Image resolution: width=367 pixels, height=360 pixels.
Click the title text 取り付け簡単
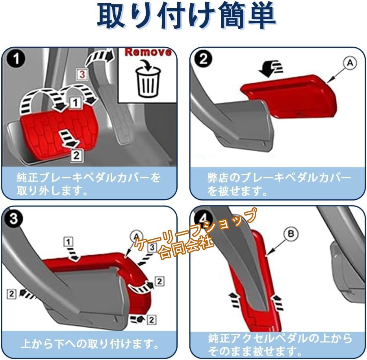[186, 15]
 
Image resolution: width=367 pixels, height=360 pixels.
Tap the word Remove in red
[148, 52]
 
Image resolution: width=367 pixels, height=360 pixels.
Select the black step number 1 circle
[16, 59]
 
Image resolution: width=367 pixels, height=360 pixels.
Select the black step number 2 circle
[203, 59]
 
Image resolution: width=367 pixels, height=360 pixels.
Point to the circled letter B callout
[291, 234]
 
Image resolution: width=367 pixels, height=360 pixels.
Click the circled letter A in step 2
[350, 63]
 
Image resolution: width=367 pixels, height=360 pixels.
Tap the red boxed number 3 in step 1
[82, 74]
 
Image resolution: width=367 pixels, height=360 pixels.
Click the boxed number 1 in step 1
[75, 102]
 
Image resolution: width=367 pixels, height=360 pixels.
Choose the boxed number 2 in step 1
[76, 155]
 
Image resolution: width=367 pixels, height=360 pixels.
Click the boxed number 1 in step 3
[69, 242]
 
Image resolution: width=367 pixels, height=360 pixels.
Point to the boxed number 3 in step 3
[152, 247]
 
